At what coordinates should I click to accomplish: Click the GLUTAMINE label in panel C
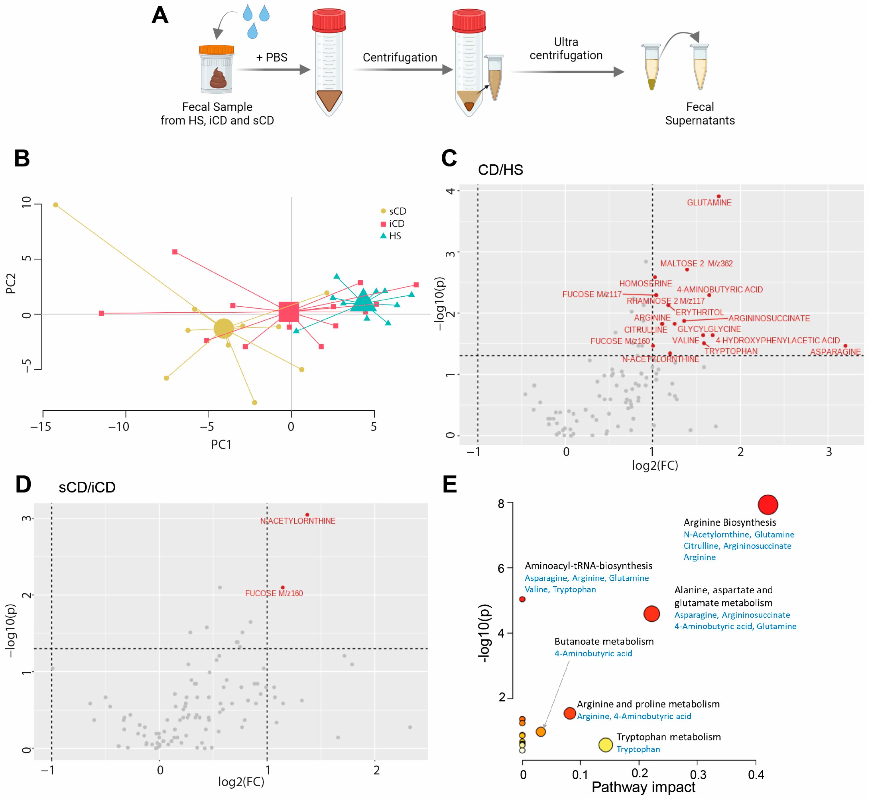point(709,202)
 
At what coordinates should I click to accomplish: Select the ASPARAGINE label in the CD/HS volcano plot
point(835,352)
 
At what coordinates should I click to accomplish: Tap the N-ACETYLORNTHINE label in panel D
point(298,521)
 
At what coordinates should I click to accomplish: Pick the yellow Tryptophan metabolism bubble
point(605,745)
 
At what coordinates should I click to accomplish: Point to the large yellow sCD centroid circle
point(224,328)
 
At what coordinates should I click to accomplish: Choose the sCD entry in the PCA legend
point(393,211)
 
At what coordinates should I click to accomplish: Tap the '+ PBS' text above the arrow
point(272,57)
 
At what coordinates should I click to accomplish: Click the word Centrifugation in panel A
point(400,57)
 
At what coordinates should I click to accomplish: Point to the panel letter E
point(450,484)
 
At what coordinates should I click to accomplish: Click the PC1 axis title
point(221,444)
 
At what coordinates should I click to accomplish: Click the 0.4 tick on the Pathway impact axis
point(756,774)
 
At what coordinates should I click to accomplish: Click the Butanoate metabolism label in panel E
point(604,642)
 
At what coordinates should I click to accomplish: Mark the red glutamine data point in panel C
point(719,196)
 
